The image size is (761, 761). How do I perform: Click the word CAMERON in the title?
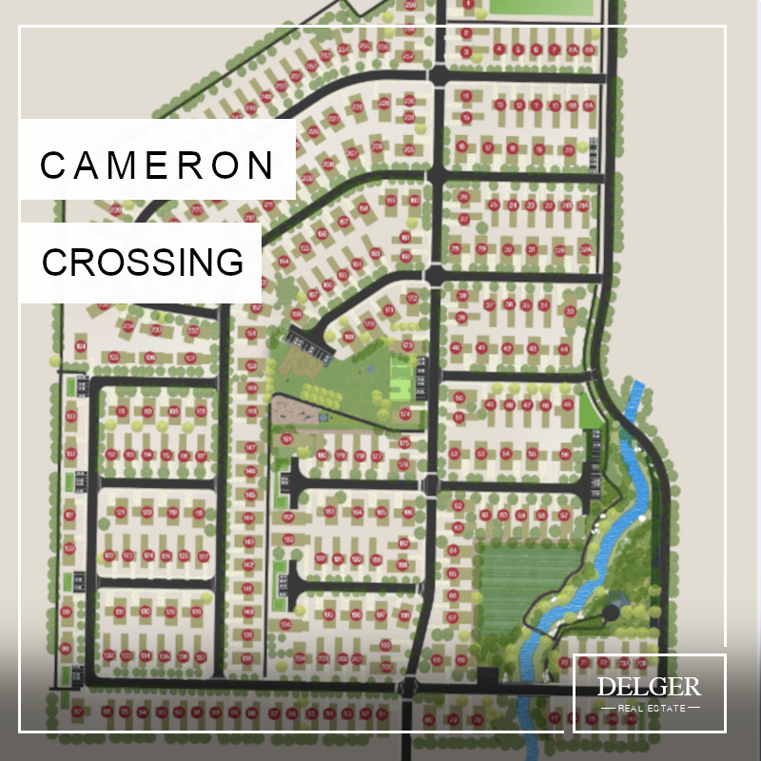click(157, 166)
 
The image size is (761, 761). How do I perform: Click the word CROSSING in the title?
click(143, 262)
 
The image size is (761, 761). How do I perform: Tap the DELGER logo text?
click(649, 687)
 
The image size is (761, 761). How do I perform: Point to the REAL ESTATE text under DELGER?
click(649, 708)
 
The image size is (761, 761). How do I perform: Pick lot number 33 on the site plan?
click(570, 311)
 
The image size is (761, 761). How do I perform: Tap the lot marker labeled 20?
click(568, 148)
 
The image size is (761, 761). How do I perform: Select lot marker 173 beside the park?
click(408, 345)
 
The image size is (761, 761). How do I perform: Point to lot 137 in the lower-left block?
click(201, 656)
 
